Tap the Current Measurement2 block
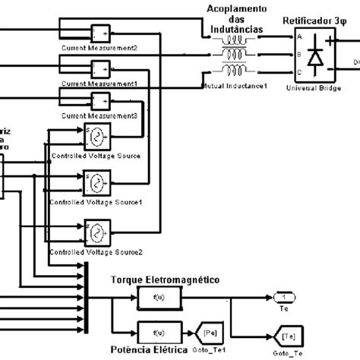coord(100,34)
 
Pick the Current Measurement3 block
coord(100,100)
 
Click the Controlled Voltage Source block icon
coord(96,137)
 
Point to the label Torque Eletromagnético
coord(165,279)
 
